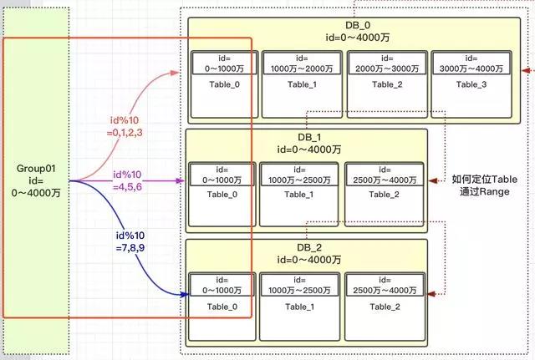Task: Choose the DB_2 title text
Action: point(305,253)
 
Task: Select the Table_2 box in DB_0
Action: point(387,83)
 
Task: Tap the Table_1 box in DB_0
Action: point(302,83)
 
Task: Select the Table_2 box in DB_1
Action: point(382,193)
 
